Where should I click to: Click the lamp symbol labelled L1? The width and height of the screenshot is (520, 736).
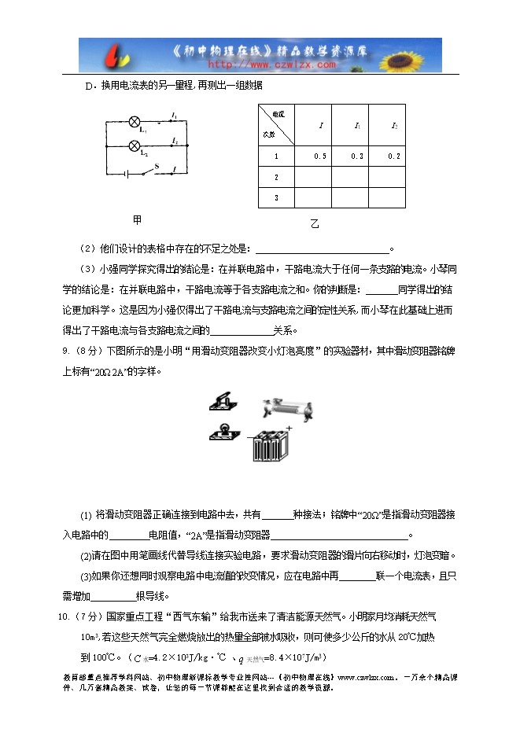click(x=134, y=122)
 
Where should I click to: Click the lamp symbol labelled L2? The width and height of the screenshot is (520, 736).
click(x=134, y=145)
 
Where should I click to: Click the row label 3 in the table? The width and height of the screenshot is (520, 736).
click(x=276, y=197)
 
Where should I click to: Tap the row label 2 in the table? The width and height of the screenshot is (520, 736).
click(x=276, y=178)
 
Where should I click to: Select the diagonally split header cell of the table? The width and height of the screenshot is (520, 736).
click(x=277, y=125)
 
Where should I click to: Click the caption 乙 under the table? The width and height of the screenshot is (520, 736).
click(x=315, y=224)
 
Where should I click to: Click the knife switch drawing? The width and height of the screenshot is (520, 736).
click(x=221, y=402)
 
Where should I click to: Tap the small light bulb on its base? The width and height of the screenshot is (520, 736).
click(x=221, y=432)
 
